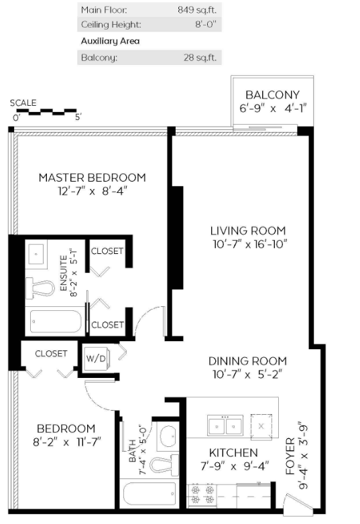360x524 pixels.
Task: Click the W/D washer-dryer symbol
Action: [x=96, y=358]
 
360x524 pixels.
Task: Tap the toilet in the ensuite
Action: [x=40, y=287]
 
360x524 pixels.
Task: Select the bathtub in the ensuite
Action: [x=56, y=322]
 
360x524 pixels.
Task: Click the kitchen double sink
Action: [x=225, y=425]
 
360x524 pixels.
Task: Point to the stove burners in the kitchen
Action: [x=202, y=495]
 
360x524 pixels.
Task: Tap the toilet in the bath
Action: [x=164, y=465]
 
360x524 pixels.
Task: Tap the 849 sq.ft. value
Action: [x=197, y=9]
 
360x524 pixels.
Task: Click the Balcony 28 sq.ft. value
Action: [x=200, y=58]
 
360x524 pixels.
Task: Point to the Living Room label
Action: [x=248, y=231]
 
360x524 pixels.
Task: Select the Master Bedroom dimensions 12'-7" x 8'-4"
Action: [x=93, y=191]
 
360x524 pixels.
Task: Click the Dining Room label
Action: [x=247, y=361]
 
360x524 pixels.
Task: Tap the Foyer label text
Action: [x=290, y=456]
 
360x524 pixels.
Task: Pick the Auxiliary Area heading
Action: [x=111, y=41]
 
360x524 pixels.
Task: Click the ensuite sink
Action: [x=36, y=254]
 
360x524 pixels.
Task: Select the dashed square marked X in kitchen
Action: [x=261, y=425]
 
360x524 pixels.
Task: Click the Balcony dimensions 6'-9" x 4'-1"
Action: [x=273, y=109]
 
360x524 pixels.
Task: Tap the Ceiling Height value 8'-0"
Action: [x=206, y=24]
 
